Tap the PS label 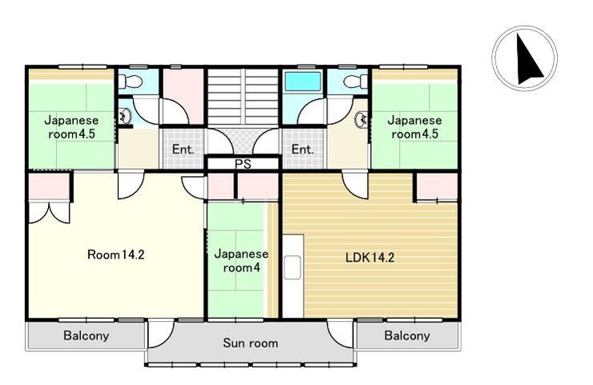click(243, 164)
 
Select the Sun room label click(250, 343)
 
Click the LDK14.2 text click(370, 257)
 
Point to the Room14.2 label click(115, 255)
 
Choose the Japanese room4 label click(241, 261)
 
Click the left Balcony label click(87, 335)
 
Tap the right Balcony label click(407, 335)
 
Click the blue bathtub click(303, 81)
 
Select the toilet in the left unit click(130, 81)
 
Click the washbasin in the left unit click(125, 116)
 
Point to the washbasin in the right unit click(361, 120)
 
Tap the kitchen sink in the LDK click(292, 267)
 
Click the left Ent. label click(183, 149)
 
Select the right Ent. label click(303, 149)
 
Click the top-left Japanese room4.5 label click(71, 127)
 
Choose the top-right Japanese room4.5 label click(414, 127)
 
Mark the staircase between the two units click(243, 96)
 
